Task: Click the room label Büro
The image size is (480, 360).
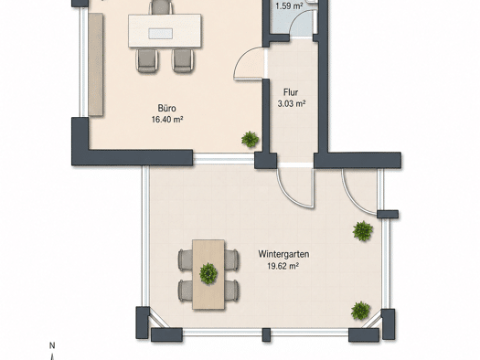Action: (166, 109)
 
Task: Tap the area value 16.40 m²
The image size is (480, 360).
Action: (167, 120)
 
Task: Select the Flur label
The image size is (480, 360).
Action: (291, 92)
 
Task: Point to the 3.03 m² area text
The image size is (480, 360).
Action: (292, 103)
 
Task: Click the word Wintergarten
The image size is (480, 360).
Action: (283, 254)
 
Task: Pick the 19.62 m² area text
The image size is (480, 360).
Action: (283, 266)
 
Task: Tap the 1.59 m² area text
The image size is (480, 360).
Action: (289, 6)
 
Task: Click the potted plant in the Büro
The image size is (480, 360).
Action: (251, 139)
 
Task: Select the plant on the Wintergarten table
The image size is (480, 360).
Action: (208, 273)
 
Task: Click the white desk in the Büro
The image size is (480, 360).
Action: (165, 30)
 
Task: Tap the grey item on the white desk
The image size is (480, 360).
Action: (160, 33)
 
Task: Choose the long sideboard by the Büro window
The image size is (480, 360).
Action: (95, 64)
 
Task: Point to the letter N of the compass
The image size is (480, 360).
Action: (52, 345)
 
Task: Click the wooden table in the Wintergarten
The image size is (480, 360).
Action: (208, 274)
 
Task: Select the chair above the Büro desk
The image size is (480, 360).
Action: (160, 6)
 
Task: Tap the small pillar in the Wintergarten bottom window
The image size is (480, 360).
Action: (266, 335)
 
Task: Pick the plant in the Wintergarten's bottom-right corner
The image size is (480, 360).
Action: (360, 311)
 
